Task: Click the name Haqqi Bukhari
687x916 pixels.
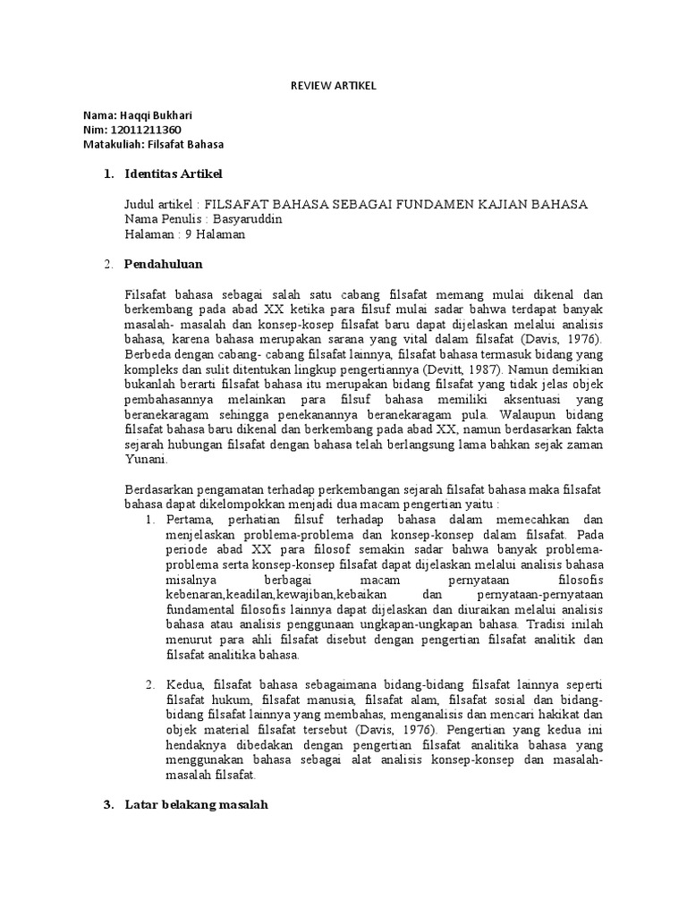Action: click(155, 115)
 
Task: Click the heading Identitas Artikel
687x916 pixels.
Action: click(174, 173)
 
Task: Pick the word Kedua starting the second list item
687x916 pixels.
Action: click(183, 684)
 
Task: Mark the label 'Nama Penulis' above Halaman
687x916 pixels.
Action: click(160, 219)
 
